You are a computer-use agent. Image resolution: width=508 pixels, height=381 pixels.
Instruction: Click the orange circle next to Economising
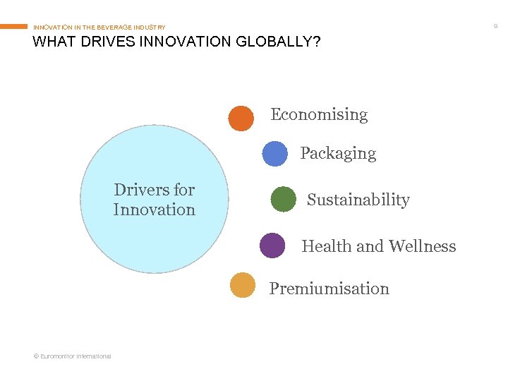point(241,119)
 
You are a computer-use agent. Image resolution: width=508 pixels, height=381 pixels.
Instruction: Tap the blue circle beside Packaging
point(274,154)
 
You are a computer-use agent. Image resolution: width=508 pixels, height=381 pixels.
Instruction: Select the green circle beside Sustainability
point(283,199)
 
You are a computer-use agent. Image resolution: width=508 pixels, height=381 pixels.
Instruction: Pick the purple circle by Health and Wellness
point(272,246)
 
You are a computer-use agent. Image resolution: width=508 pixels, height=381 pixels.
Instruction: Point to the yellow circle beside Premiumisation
point(243,285)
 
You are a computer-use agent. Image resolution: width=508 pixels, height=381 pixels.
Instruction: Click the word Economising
point(319,114)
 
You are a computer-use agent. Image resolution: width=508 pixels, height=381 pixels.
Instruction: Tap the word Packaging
point(338,153)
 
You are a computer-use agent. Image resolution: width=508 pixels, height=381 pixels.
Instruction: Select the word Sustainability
point(358,200)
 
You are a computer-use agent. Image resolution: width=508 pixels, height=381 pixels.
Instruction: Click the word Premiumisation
point(329,289)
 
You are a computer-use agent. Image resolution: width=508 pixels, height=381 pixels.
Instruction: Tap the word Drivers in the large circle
point(140,190)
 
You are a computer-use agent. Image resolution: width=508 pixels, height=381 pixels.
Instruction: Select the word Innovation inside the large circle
point(154,210)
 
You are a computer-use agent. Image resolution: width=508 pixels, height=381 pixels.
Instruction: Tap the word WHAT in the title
point(52,42)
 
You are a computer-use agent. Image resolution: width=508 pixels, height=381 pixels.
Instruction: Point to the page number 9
point(495,26)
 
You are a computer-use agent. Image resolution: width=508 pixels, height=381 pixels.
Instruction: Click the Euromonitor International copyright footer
point(72,356)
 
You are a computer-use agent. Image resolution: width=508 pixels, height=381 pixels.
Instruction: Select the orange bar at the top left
point(14,27)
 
